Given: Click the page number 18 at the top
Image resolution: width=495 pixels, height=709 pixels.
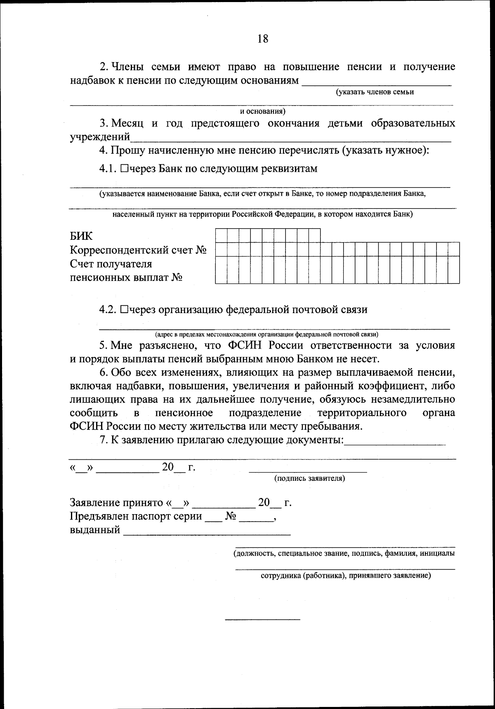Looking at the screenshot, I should (263, 39).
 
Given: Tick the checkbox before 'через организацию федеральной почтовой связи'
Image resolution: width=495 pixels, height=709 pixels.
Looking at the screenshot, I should (125, 310).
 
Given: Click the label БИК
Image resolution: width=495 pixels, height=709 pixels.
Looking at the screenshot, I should (81, 236).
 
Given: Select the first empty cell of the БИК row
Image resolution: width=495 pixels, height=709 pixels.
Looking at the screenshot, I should (221, 235).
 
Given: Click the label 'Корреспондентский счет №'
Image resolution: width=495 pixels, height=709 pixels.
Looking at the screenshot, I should (138, 250).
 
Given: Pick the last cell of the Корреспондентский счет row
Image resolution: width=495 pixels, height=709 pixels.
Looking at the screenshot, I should (454, 249).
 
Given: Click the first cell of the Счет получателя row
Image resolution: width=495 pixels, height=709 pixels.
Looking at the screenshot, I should (221, 270).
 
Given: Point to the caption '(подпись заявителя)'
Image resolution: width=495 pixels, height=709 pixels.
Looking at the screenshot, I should (309, 478).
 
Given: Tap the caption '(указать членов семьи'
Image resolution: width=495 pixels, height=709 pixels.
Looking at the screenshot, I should (375, 92).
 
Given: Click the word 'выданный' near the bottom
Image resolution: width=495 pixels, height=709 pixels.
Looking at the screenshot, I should (95, 530).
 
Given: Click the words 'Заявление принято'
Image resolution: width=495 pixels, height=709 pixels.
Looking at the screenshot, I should (117, 503).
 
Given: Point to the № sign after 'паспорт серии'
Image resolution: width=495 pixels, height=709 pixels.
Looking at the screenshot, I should (231, 517).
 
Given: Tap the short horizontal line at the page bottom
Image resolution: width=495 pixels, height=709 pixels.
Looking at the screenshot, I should (262, 619).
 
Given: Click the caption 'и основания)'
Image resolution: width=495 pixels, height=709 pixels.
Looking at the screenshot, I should (263, 111).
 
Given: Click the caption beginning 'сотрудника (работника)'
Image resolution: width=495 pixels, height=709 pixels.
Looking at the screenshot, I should (346, 576).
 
